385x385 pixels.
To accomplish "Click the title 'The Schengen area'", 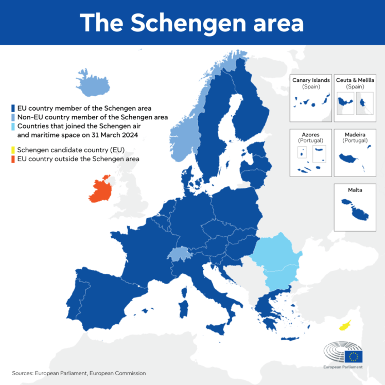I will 192,23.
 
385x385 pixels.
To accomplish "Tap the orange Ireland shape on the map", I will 101,190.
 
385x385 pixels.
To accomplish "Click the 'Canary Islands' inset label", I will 311,80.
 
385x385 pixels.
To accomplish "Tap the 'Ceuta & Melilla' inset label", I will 355,80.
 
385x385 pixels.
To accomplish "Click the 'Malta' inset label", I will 355,190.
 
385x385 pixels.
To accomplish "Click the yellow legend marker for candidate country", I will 13,150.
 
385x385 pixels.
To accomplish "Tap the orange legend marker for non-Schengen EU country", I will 13,159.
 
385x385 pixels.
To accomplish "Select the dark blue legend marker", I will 13,108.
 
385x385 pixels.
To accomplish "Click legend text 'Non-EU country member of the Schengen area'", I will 93,117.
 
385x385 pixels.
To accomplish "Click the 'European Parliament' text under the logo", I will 343,367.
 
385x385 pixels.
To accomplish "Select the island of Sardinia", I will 183,309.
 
